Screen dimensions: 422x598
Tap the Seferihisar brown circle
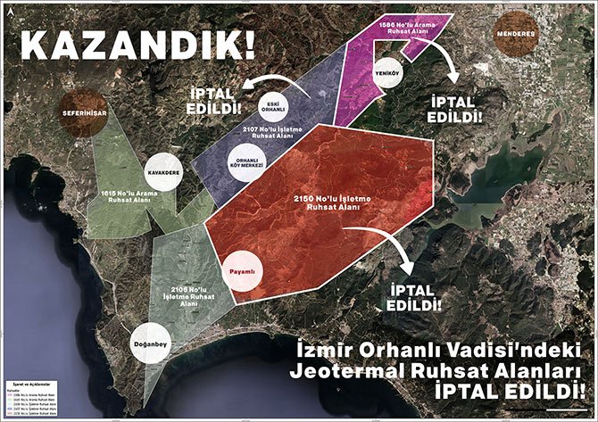pyautogui.click(x=84, y=112)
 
